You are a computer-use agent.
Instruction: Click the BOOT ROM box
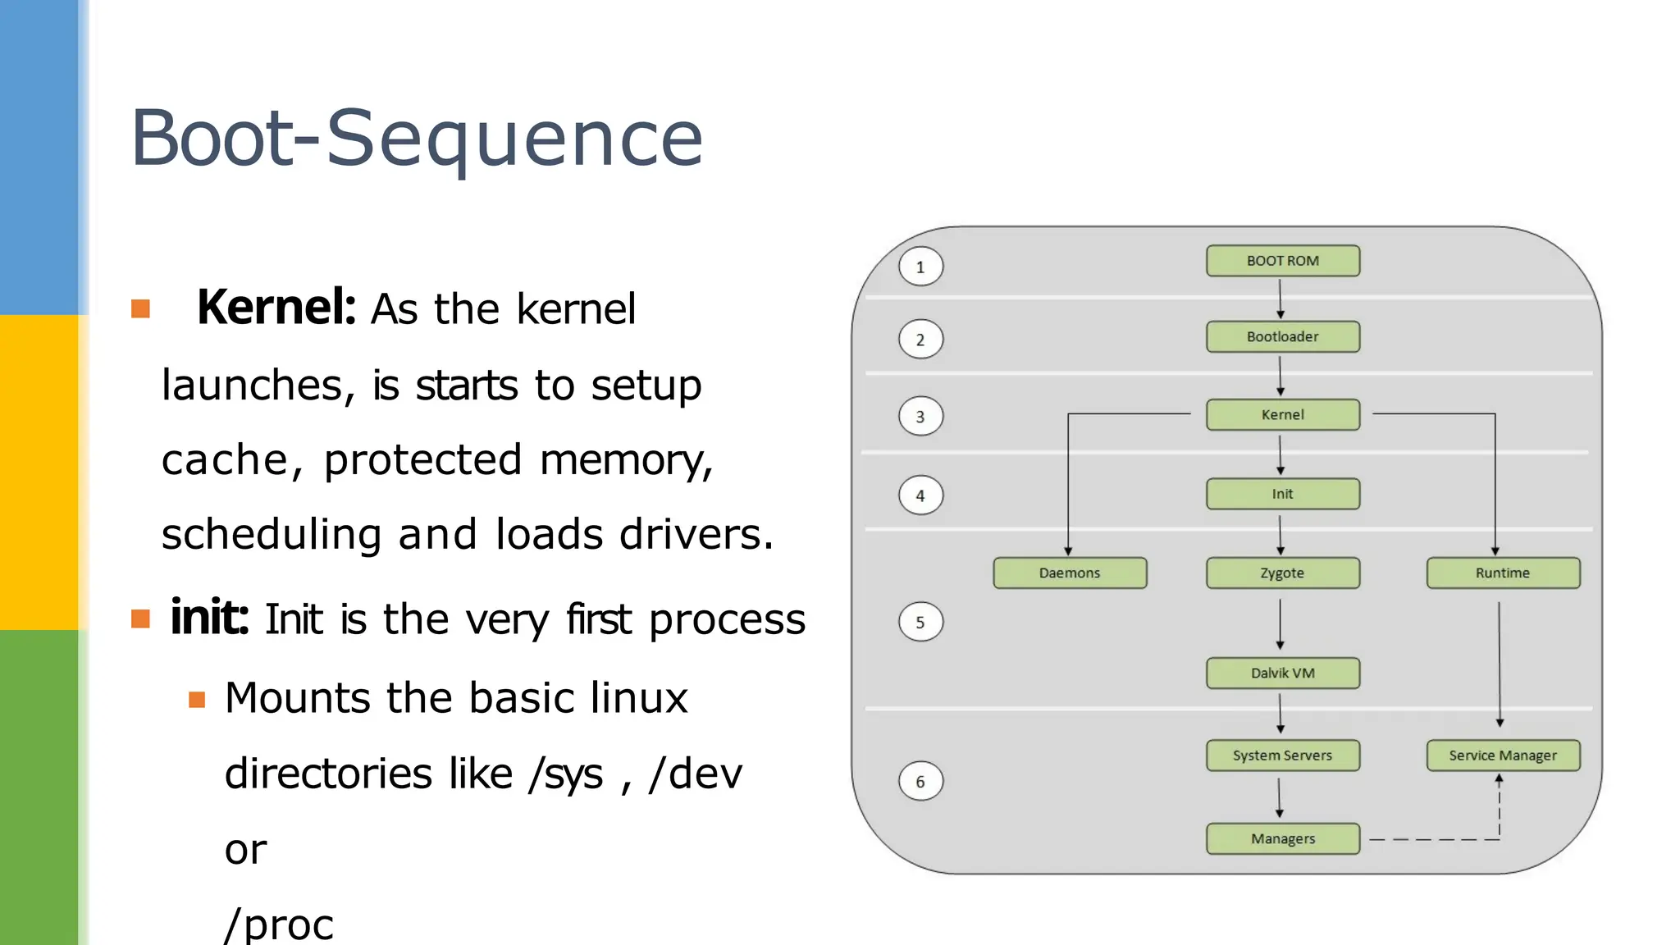(1282, 261)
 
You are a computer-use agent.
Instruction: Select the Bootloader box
(1282, 336)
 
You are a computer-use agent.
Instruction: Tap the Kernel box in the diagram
(1282, 414)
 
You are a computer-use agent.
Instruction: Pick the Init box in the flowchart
(1282, 494)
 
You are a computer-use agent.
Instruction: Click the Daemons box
(1070, 573)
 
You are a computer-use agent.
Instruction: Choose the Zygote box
(1282, 573)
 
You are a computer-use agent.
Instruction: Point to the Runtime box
(1502, 573)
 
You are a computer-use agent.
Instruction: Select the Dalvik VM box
(1282, 673)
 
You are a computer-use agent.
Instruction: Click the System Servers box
(1282, 756)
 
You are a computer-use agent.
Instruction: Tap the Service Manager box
(1502, 756)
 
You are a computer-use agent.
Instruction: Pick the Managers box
(1282, 838)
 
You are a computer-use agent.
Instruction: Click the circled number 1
(920, 267)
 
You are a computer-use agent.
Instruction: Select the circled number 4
(920, 495)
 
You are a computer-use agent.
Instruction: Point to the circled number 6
(920, 782)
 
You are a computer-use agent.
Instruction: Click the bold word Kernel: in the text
(276, 308)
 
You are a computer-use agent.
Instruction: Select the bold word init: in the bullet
(209, 618)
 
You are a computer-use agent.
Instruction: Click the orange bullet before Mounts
(197, 700)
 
